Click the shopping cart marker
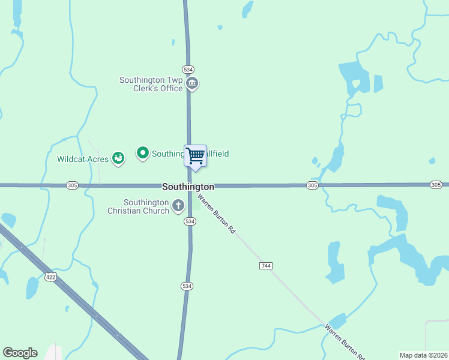195,156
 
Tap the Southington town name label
188,187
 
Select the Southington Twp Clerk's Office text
151,84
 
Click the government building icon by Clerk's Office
192,83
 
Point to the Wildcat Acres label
83,159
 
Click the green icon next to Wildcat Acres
118,158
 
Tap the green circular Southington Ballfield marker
143,154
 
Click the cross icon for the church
178,206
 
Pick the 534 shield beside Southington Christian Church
190,221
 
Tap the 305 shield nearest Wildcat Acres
73,185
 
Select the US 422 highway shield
50,277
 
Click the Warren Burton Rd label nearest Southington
216,213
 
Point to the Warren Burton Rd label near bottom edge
344,342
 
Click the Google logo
20,353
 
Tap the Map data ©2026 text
423,355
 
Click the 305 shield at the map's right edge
436,185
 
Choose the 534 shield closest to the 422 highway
187,287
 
